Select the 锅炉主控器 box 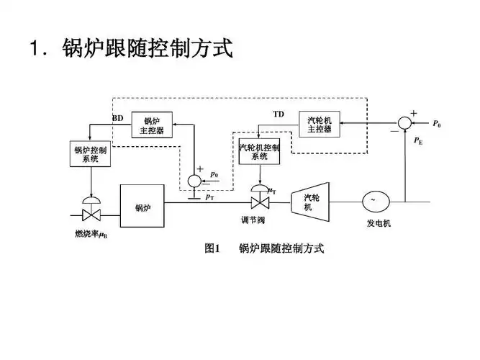[x=153, y=126]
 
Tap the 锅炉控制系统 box [x=90, y=155]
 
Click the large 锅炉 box [x=142, y=207]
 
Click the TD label [x=279, y=114]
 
